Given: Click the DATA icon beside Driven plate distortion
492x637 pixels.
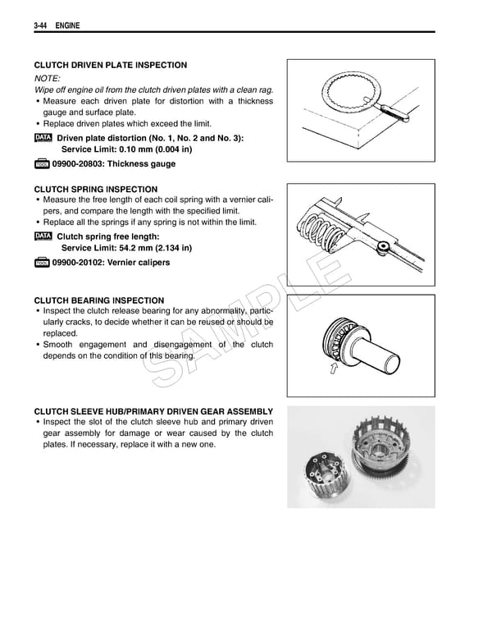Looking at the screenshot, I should click(43, 138).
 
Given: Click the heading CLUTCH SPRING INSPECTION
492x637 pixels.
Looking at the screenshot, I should click(95, 189).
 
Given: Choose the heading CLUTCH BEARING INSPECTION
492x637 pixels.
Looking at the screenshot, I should click(98, 300).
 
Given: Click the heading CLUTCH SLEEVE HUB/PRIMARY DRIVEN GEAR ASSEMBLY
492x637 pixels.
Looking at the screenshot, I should click(153, 411).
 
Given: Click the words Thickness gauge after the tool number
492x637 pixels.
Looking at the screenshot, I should click(147, 164).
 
